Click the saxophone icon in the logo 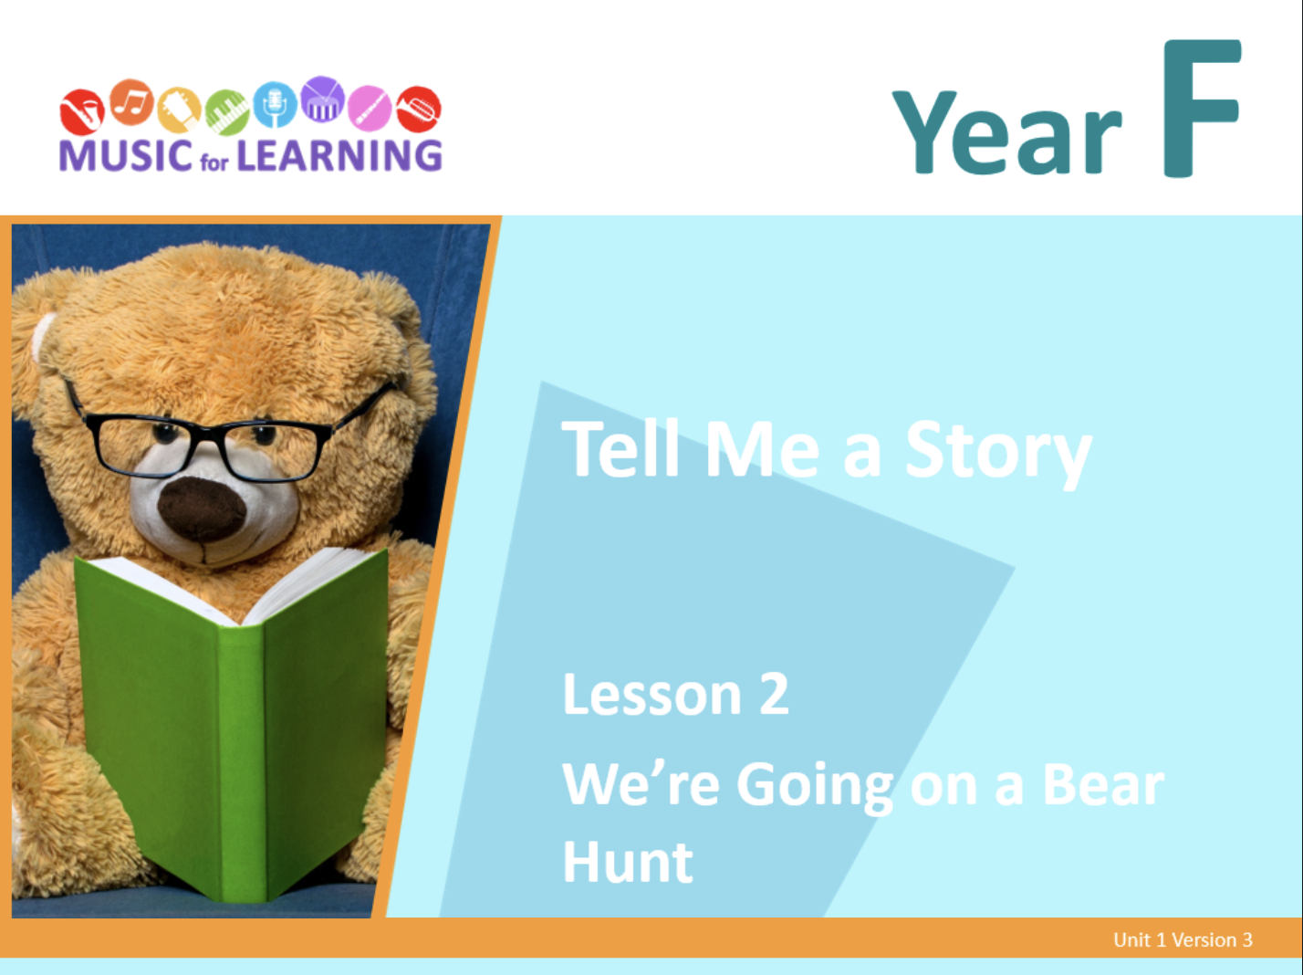pyautogui.click(x=82, y=111)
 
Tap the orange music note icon pyautogui.click(x=131, y=102)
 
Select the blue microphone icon pyautogui.click(x=275, y=104)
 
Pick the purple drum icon pyautogui.click(x=322, y=100)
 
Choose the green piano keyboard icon pyautogui.click(x=227, y=112)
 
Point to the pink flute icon pyautogui.click(x=370, y=108)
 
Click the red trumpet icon pyautogui.click(x=419, y=110)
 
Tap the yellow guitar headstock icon pyautogui.click(x=179, y=110)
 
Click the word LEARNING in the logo pyautogui.click(x=339, y=155)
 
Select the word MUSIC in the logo pyautogui.click(x=126, y=155)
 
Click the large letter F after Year pyautogui.click(x=1201, y=108)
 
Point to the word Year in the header pyautogui.click(x=1006, y=131)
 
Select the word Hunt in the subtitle pyautogui.click(x=628, y=862)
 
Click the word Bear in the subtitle pyautogui.click(x=1103, y=785)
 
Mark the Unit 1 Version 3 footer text pyautogui.click(x=1183, y=940)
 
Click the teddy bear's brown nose pyautogui.click(x=202, y=508)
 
